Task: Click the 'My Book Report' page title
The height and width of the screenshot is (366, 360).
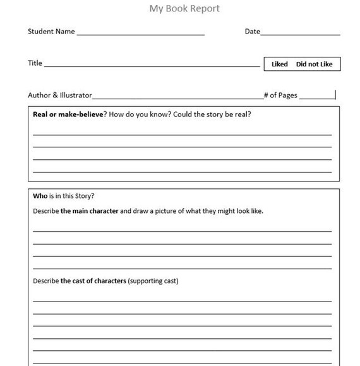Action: point(184,9)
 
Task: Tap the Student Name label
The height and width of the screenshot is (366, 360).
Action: point(51,31)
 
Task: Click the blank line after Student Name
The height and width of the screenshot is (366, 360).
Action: point(140,33)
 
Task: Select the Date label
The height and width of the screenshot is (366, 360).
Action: point(252,31)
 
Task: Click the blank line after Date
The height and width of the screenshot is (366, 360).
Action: point(300,33)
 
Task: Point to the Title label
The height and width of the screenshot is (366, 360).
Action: point(35,63)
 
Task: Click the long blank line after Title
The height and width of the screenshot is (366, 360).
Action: point(152,65)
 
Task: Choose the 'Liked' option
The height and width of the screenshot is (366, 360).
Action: point(279,64)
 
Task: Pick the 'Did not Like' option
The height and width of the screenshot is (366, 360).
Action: point(314,64)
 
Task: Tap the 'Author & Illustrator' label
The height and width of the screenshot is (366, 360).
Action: point(59,95)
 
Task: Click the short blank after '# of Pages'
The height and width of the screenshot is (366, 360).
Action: point(317,97)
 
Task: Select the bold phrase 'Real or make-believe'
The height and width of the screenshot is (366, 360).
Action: point(66,114)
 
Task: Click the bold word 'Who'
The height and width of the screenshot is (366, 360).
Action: point(40,195)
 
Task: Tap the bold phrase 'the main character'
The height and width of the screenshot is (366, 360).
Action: point(90,211)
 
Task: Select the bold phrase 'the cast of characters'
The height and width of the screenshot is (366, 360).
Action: point(93,281)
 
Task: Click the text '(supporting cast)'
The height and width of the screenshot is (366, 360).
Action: point(153,281)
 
